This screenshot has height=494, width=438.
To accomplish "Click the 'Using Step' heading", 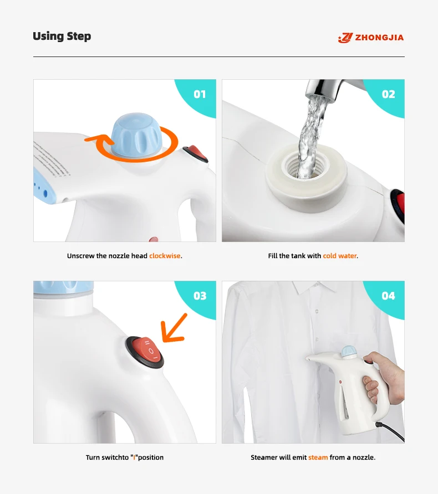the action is click(x=62, y=36).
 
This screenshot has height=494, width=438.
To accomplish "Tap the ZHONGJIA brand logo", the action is click(x=371, y=38).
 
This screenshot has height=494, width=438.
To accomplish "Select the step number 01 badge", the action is click(x=200, y=94).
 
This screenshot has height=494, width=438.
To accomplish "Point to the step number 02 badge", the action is click(x=388, y=94).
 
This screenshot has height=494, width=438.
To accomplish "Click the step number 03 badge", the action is click(x=200, y=296).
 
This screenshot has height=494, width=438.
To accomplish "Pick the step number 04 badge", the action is click(x=388, y=296).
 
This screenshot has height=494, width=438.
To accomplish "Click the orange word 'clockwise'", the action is click(x=165, y=256).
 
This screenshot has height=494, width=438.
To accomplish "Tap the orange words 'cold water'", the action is click(x=340, y=256).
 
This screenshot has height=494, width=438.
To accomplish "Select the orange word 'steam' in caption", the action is click(x=318, y=457).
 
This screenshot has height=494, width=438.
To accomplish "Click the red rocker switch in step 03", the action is click(x=147, y=351).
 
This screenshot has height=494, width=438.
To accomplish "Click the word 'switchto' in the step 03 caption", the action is click(x=115, y=457).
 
